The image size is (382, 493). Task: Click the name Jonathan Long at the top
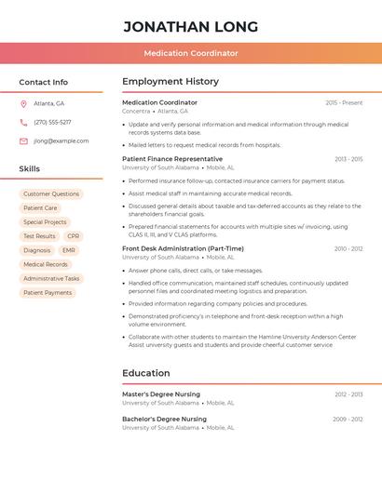pyautogui.click(x=190, y=26)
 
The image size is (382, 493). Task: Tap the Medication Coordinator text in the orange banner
pyautogui.click(x=190, y=53)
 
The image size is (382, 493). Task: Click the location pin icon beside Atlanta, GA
pyautogui.click(x=23, y=103)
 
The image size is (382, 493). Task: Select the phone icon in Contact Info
pyautogui.click(x=23, y=122)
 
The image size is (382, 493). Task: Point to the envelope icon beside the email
pyautogui.click(x=23, y=141)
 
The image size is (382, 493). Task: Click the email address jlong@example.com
pyautogui.click(x=61, y=141)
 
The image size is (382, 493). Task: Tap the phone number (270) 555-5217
pyautogui.click(x=52, y=122)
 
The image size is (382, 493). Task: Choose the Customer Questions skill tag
pyautogui.click(x=51, y=194)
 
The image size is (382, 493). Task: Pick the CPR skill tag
pyautogui.click(x=74, y=236)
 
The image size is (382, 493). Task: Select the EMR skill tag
pyautogui.click(x=69, y=250)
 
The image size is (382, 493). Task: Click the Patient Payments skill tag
pyautogui.click(x=48, y=292)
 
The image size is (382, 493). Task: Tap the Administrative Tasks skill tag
pyautogui.click(x=51, y=278)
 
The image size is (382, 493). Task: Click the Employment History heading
pyautogui.click(x=171, y=82)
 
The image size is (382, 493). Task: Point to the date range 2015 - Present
pyautogui.click(x=344, y=102)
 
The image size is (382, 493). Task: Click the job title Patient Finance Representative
pyautogui.click(x=172, y=159)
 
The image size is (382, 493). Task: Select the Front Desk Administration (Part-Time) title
pyautogui.click(x=183, y=248)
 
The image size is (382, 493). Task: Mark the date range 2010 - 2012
pyautogui.click(x=348, y=248)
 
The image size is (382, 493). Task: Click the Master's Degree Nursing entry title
pyautogui.click(x=161, y=394)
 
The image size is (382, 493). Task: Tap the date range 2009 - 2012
pyautogui.click(x=348, y=420)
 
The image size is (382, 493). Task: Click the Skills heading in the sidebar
pyautogui.click(x=30, y=169)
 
